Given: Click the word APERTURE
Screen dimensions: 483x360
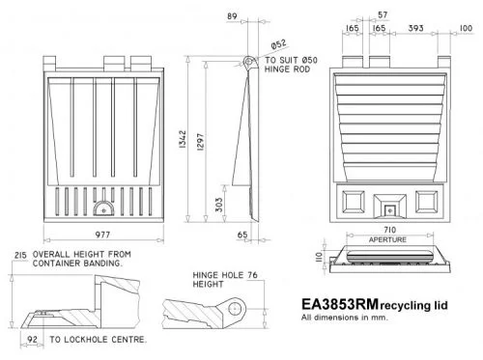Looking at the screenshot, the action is (x=388, y=238).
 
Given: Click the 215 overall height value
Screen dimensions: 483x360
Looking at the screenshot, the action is (x=18, y=254).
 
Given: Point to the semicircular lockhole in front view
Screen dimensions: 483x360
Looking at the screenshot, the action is (x=108, y=206).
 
